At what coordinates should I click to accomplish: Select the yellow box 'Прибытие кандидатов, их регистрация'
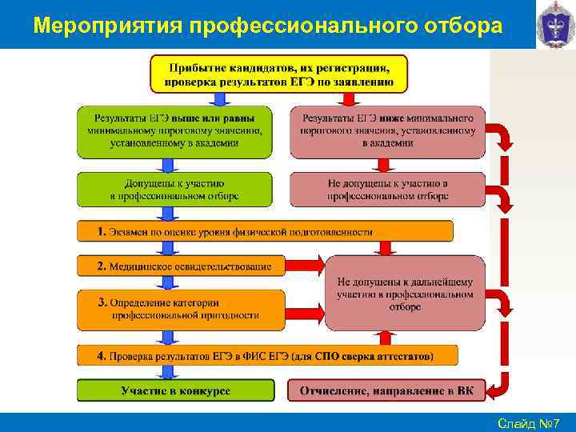click(x=278, y=74)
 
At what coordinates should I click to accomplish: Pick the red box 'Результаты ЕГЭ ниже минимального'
click(x=387, y=130)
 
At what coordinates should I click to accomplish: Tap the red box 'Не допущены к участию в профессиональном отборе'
click(x=387, y=189)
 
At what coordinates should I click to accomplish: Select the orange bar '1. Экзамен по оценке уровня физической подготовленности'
click(x=265, y=231)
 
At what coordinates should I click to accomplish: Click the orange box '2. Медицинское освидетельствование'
click(x=181, y=266)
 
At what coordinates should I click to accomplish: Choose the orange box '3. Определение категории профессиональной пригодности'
click(x=181, y=310)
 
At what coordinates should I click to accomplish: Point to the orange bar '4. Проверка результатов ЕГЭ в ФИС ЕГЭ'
click(x=267, y=355)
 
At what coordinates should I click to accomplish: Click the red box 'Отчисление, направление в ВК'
click(x=386, y=390)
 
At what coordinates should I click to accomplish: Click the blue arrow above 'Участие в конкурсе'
click(x=168, y=372)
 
